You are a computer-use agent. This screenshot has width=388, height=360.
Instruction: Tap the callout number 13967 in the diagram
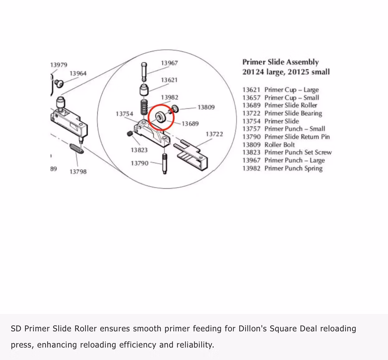(x=169, y=63)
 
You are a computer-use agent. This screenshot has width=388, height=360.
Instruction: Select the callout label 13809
(x=206, y=107)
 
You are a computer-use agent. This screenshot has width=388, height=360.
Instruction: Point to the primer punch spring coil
(x=144, y=107)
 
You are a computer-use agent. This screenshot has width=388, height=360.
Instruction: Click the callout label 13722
(x=214, y=134)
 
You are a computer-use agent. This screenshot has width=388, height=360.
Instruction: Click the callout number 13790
(x=139, y=163)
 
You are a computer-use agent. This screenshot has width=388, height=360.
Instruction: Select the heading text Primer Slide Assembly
(x=280, y=62)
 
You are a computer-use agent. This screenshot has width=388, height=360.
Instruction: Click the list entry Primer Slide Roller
(x=291, y=105)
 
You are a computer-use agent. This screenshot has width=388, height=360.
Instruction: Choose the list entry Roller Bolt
(x=279, y=145)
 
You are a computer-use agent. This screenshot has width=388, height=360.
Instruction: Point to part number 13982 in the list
(x=251, y=168)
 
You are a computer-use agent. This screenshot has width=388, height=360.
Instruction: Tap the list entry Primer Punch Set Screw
(x=298, y=153)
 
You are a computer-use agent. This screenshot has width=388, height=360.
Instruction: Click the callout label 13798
(x=78, y=172)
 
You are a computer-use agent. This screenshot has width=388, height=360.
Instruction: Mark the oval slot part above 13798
(x=77, y=148)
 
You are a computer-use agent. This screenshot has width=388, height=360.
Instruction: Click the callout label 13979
(x=59, y=65)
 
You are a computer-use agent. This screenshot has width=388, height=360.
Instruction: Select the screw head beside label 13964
(x=59, y=83)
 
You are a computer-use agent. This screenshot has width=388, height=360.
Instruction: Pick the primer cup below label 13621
(x=144, y=91)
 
